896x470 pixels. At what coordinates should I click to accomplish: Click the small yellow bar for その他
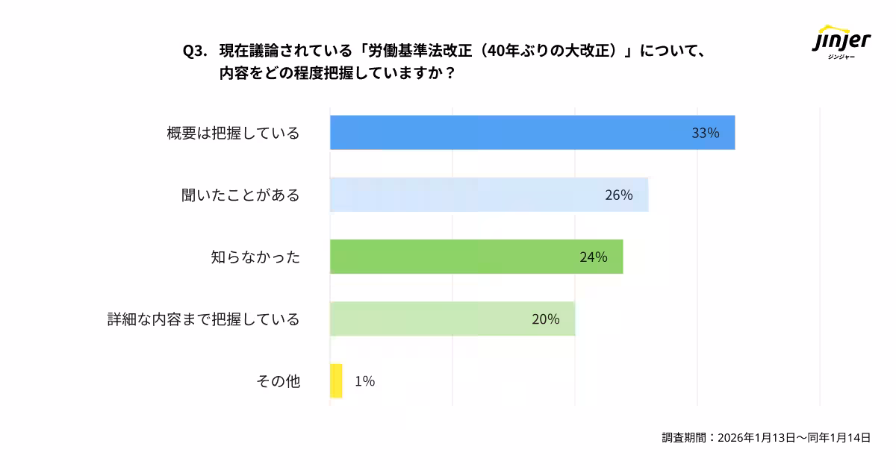336,380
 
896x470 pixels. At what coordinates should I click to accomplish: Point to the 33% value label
705,134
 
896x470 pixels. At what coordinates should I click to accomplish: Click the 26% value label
618,195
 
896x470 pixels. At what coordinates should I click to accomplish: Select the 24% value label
593,257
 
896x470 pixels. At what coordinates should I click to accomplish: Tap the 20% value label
545,319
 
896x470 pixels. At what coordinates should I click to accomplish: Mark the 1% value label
364,381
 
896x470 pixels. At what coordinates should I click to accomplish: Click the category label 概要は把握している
233,134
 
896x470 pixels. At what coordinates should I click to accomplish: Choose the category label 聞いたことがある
240,195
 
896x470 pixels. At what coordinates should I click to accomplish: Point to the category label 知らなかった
255,257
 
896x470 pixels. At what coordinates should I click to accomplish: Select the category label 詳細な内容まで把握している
203,319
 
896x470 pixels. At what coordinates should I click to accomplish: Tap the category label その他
278,381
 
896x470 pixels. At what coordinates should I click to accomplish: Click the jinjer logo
841,42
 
